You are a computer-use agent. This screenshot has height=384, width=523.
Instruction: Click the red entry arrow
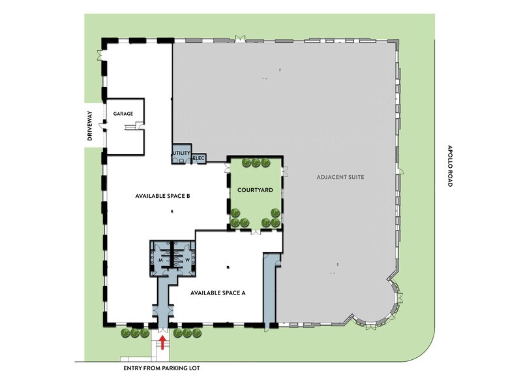pyautogui.click(x=163, y=342)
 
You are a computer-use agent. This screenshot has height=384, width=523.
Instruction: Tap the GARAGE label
pyautogui.click(x=123, y=114)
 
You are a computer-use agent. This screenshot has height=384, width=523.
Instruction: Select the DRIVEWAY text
pyautogui.click(x=89, y=125)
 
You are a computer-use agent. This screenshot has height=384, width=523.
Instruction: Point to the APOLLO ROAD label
pyautogui.click(x=449, y=166)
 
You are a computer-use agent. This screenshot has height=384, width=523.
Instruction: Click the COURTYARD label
pyautogui.click(x=255, y=190)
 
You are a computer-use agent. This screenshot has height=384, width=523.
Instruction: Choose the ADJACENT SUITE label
pyautogui.click(x=340, y=177)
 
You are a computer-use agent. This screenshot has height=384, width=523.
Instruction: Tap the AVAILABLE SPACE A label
pyautogui.click(x=218, y=293)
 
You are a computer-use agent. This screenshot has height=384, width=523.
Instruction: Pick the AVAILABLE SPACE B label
pyautogui.click(x=162, y=196)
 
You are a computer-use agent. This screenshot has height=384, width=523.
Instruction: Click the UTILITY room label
pyautogui.click(x=181, y=153)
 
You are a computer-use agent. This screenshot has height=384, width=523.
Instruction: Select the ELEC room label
pyautogui.click(x=199, y=158)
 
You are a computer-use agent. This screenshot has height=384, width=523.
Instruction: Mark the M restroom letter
pyautogui.click(x=160, y=260)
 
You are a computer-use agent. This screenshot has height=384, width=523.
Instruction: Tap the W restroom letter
pyautogui.click(x=187, y=260)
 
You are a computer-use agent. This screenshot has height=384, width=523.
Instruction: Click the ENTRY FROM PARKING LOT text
pyautogui.click(x=162, y=368)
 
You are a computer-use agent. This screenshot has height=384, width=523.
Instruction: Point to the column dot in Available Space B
pyautogui.click(x=172, y=211)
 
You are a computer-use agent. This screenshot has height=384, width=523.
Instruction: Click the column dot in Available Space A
pyautogui.click(x=228, y=267)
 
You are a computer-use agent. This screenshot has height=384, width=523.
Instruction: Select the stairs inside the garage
pyautogui.click(x=129, y=127)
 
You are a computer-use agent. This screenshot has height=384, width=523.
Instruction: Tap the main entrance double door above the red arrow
pyautogui.click(x=163, y=329)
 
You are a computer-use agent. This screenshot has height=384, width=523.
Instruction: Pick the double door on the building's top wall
pyautogui.click(x=239, y=39)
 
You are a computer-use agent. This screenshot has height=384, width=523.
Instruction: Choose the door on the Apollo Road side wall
pyautogui.click(x=400, y=172)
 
